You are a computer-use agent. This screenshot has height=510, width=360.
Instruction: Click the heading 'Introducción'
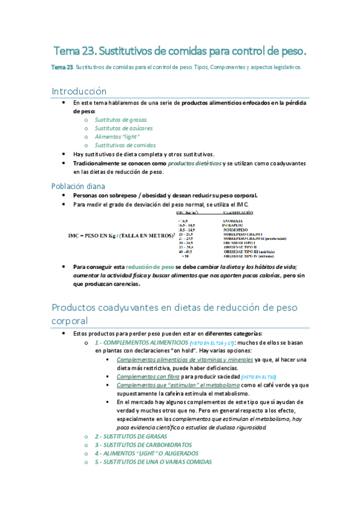click(x=79, y=91)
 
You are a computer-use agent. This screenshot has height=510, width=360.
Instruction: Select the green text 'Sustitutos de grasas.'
click(x=117, y=120)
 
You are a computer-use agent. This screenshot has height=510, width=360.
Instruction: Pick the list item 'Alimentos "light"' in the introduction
click(x=113, y=137)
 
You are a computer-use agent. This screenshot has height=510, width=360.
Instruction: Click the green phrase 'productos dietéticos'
click(x=194, y=164)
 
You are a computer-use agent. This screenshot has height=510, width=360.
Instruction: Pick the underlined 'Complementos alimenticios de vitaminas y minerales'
click(x=185, y=360)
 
